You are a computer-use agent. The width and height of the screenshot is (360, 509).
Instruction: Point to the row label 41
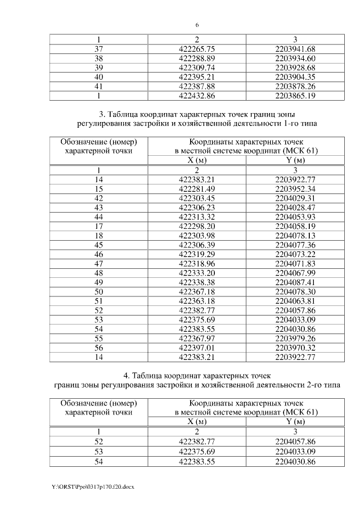[98, 86]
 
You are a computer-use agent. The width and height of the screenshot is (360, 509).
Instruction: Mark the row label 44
[98, 217]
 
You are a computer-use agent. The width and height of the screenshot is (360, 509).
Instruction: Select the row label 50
[98, 291]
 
